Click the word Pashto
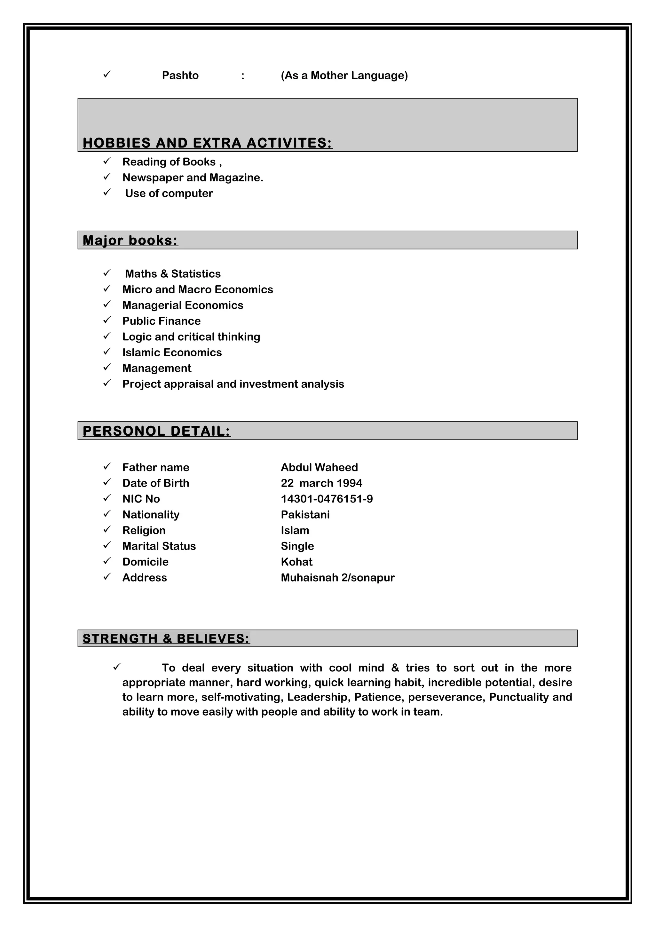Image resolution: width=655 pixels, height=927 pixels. coord(180,75)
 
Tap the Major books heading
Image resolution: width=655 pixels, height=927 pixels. coord(130,240)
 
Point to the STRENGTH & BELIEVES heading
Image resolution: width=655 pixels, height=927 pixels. coord(166,638)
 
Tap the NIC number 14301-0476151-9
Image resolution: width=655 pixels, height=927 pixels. coord(327,499)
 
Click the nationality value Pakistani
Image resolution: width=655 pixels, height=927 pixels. coord(305,514)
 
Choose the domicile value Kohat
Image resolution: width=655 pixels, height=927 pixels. coord(296,562)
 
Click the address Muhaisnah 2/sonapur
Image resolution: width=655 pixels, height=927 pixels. coord(337,577)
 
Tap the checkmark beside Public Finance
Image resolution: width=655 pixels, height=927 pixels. coord(107,320)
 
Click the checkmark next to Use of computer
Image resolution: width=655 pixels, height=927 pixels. coord(107,193)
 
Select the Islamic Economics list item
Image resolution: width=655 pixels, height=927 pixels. coord(172,353)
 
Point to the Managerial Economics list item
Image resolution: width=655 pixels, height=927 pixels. coord(183,305)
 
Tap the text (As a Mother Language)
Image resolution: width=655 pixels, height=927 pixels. coord(344,75)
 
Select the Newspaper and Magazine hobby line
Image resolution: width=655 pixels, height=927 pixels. coord(193,178)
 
